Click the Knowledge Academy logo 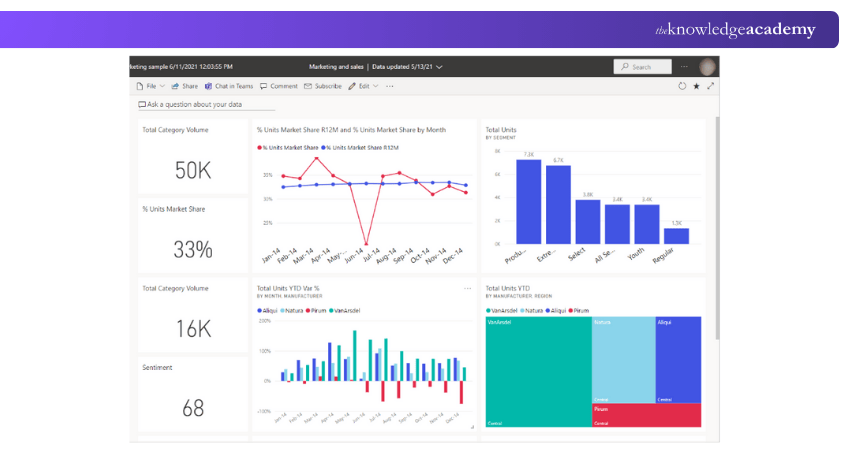pos(735,30)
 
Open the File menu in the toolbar pos(150,86)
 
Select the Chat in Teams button pos(228,86)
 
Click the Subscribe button pos(323,86)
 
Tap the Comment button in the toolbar pos(279,86)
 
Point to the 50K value pos(193,170)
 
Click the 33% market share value pos(193,249)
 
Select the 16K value pos(193,329)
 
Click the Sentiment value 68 pos(193,408)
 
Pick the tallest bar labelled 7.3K pos(528,201)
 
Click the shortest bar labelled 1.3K pos(677,236)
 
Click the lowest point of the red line pos(366,243)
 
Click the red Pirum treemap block pos(646,415)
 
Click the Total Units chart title pos(501,129)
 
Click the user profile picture pos(708,67)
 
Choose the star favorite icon pos(696,86)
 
